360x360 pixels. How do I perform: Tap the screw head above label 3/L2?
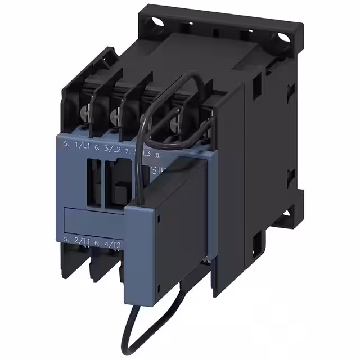pos(115,117)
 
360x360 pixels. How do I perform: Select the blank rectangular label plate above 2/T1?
pos(93,220)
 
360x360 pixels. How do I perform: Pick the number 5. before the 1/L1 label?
pos(66,145)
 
